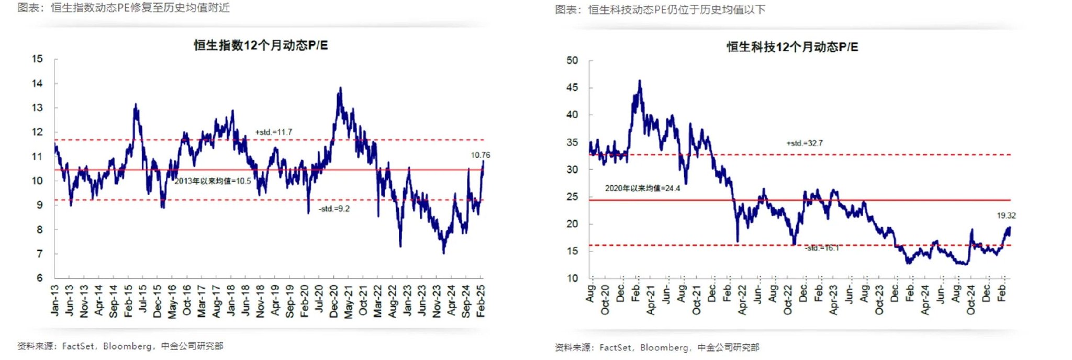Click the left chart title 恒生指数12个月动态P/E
pyautogui.click(x=261, y=46)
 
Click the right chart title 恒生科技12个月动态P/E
pyautogui.click(x=792, y=47)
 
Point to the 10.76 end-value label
pyautogui.click(x=480, y=155)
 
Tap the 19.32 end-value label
pyautogui.click(x=1006, y=216)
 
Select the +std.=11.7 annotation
pyautogui.click(x=273, y=132)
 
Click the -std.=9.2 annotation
pyautogui.click(x=334, y=209)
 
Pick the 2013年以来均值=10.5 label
pyautogui.click(x=213, y=181)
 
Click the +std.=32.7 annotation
pyautogui.click(x=804, y=143)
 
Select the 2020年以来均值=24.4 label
pyautogui.click(x=642, y=188)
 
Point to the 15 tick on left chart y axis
pyautogui.click(x=37, y=59)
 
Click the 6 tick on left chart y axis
pyautogui.click(x=40, y=278)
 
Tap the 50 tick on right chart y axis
pyautogui.click(x=572, y=61)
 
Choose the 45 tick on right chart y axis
pyautogui.click(x=572, y=87)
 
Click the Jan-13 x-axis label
pyautogui.click(x=55, y=300)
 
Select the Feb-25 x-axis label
pyautogui.click(x=481, y=301)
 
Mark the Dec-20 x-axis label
pyautogui.click(x=334, y=301)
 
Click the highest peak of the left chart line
pyautogui.click(x=341, y=88)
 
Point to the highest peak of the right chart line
pyautogui.click(x=640, y=81)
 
